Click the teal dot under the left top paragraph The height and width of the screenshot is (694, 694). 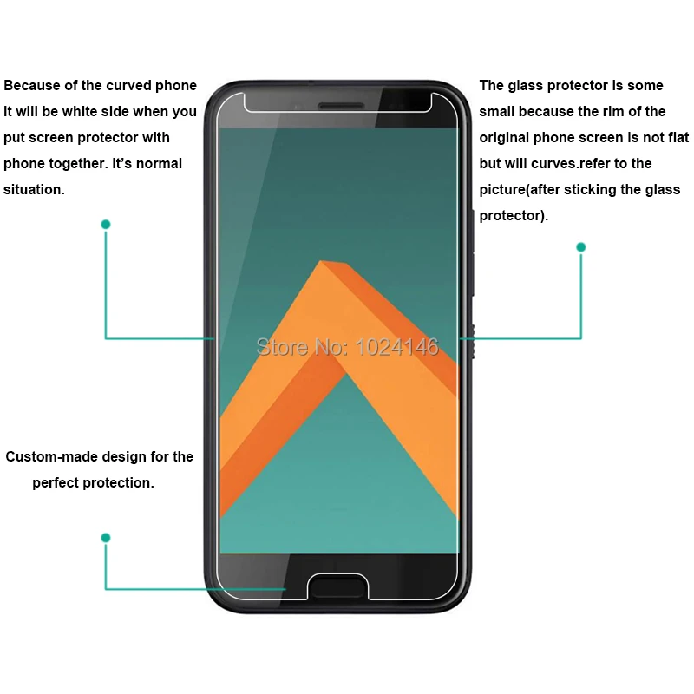tap(106, 224)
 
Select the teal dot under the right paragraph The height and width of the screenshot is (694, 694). tap(581, 247)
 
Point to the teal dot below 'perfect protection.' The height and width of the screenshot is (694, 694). tap(106, 538)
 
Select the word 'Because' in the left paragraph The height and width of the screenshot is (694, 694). tap(29, 86)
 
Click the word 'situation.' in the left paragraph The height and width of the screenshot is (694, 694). tap(34, 189)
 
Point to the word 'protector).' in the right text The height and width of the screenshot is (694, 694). tap(514, 215)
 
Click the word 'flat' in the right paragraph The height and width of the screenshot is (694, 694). tap(678, 137)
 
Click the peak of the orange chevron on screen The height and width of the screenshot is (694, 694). tap(324, 263)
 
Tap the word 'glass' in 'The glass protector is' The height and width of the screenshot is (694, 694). tap(526, 86)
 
